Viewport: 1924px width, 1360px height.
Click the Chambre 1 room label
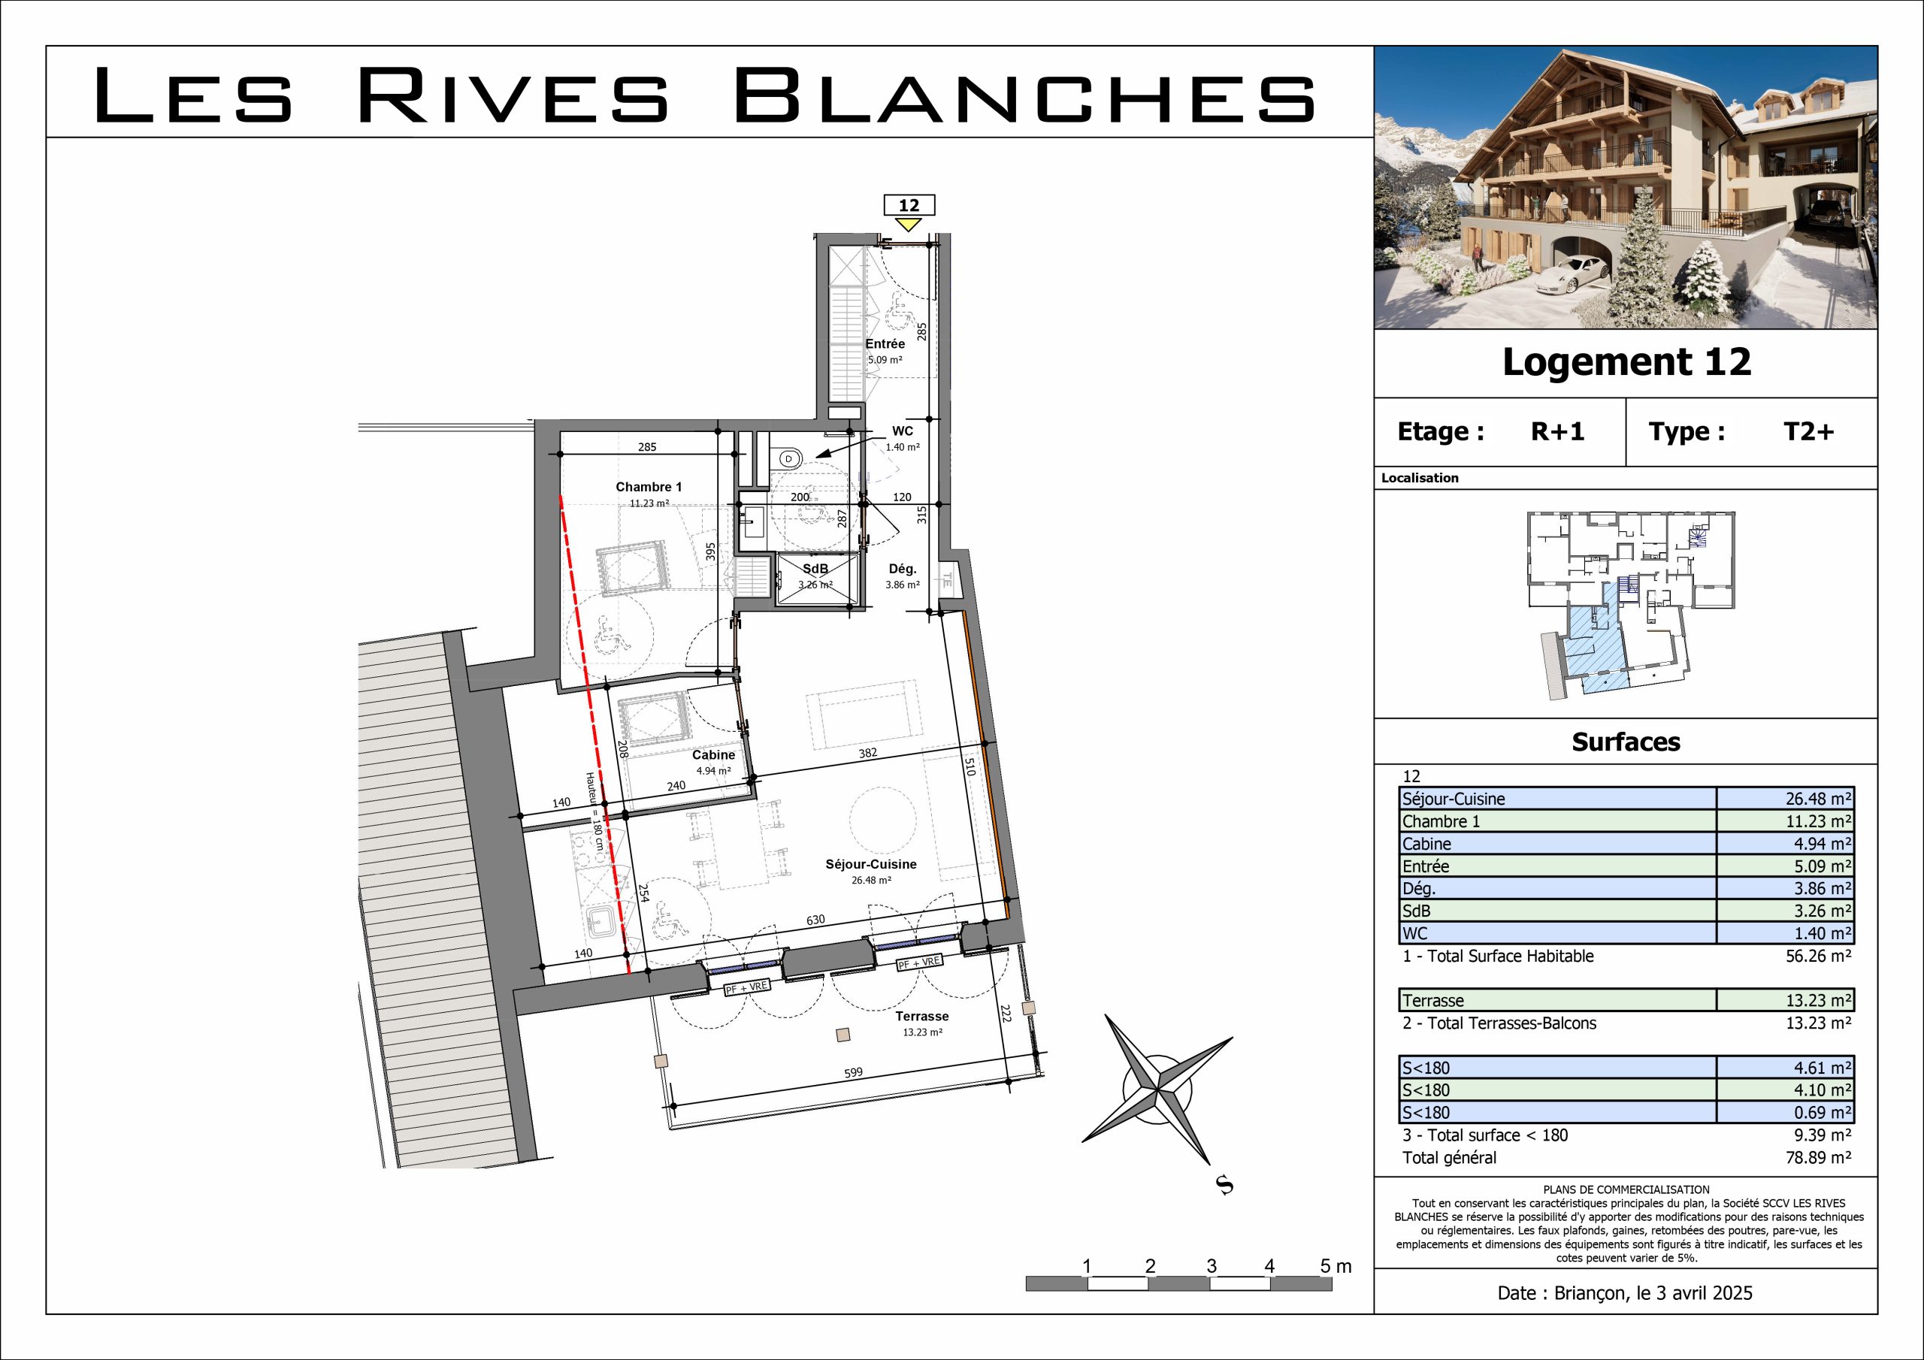point(649,487)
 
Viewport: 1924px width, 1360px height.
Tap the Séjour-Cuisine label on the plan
point(870,864)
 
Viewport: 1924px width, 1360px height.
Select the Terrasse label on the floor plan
point(921,1017)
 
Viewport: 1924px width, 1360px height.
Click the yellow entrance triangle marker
point(909,225)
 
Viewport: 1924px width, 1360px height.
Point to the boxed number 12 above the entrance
point(909,205)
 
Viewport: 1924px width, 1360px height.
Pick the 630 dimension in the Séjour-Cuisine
point(815,920)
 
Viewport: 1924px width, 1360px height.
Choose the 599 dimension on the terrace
point(853,1072)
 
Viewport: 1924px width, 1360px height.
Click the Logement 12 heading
point(1626,362)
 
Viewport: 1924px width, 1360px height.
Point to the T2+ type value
point(1808,431)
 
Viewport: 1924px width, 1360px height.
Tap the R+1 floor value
point(1558,431)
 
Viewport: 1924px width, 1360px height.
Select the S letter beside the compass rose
point(1225,1186)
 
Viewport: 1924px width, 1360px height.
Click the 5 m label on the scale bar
point(1336,1266)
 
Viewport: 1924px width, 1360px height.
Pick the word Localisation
point(1420,479)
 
